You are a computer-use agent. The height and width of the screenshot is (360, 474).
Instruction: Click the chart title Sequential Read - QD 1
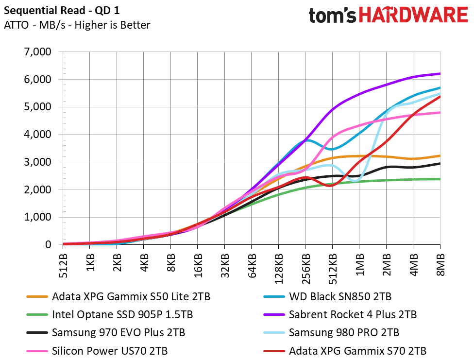[62, 11]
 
